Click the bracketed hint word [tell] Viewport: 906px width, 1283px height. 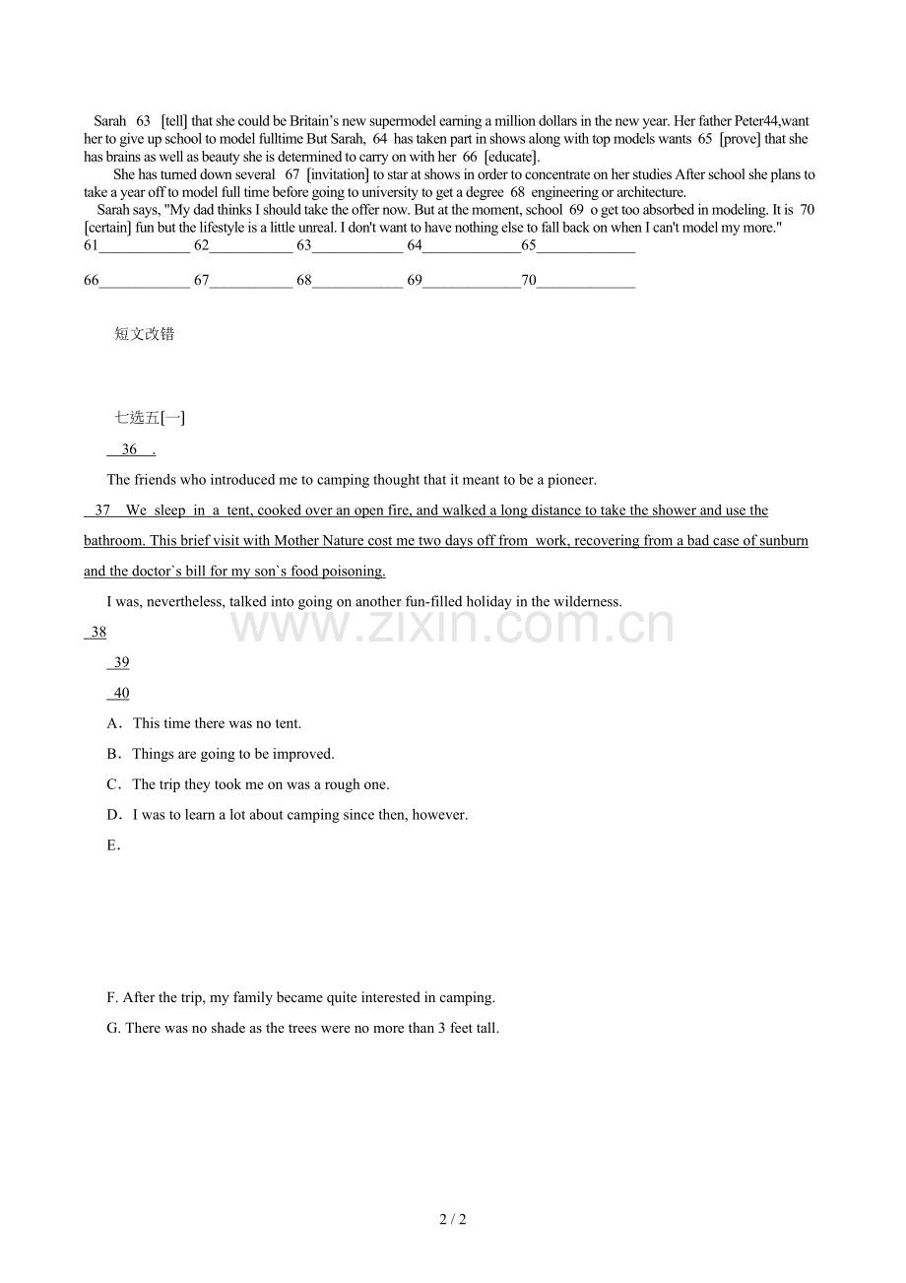click(173, 121)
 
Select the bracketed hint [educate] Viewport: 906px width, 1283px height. click(512, 157)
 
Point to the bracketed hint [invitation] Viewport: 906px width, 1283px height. click(338, 174)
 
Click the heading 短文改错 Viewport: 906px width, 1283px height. click(145, 334)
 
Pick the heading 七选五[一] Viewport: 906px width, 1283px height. click(150, 418)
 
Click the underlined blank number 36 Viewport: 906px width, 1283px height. click(130, 449)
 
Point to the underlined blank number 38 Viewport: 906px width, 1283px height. click(97, 632)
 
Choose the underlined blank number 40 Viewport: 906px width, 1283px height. click(121, 693)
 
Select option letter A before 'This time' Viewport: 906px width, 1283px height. click(112, 723)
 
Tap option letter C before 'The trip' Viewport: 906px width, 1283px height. click(112, 784)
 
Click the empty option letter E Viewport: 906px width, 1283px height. click(112, 845)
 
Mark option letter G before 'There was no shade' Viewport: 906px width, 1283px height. click(113, 1028)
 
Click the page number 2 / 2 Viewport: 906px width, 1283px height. click(453, 1219)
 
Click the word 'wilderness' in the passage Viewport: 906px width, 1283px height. click(585, 601)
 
